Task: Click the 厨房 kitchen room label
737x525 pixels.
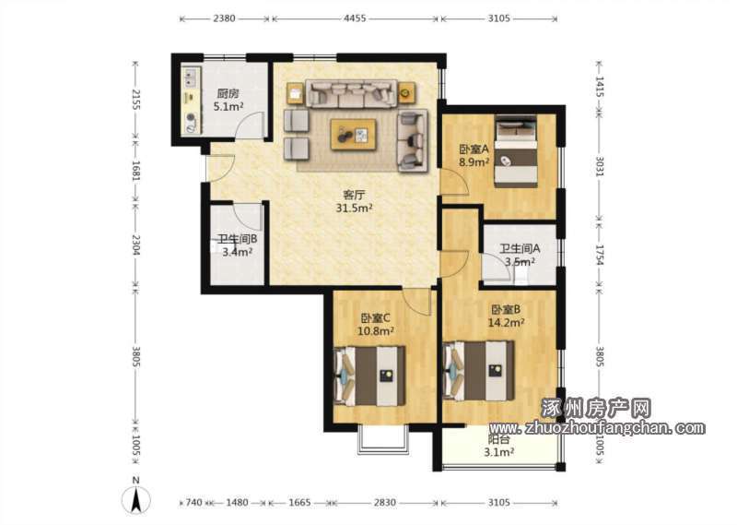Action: [x=228, y=94]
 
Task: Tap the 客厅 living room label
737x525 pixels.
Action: [x=354, y=195]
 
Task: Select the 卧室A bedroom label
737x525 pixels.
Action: [x=474, y=149]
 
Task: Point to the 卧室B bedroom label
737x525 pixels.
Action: [x=506, y=310]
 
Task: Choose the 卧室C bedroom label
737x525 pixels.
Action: [x=376, y=318]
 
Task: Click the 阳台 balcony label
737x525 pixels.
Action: [x=498, y=440]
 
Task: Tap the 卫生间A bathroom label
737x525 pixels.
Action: [x=520, y=248]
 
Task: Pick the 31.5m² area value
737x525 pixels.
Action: [x=354, y=208]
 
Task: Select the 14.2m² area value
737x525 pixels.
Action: [x=506, y=323]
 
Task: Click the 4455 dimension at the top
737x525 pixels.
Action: [x=355, y=18]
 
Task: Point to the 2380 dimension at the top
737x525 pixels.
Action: [x=224, y=18]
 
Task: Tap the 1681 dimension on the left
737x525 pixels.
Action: [x=135, y=171]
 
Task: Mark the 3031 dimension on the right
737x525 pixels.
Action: [x=600, y=167]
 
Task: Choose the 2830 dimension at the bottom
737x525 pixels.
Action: [x=384, y=503]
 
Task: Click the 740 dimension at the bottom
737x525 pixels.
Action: [x=193, y=503]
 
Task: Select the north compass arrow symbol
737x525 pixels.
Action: [x=136, y=499]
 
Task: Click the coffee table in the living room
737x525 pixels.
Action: [x=353, y=135]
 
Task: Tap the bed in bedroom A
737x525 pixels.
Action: [x=516, y=151]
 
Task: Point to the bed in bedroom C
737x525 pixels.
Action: [x=369, y=376]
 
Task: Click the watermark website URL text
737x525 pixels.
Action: [x=597, y=428]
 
